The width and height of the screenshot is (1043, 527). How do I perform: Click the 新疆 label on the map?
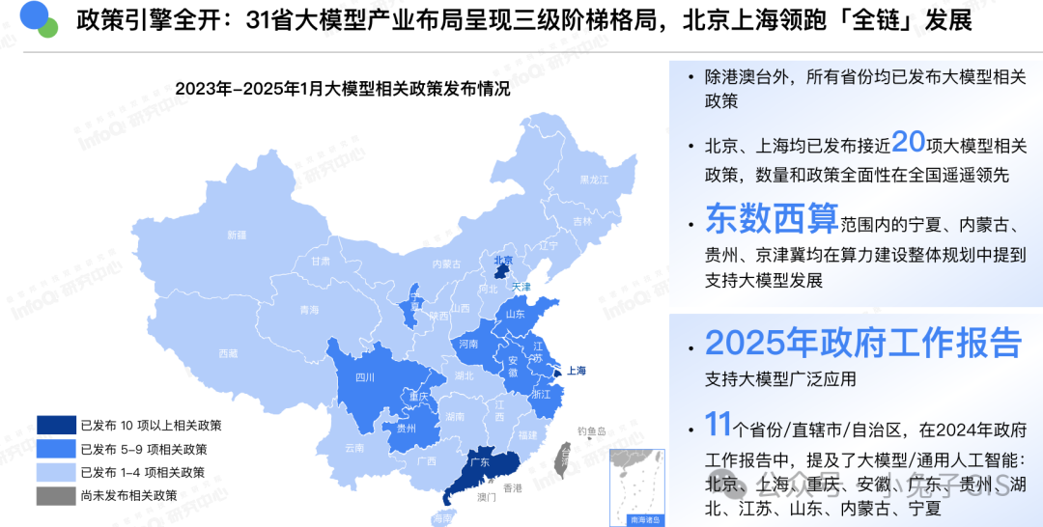pyautogui.click(x=237, y=235)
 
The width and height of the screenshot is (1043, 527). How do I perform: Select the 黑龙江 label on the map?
pyautogui.click(x=594, y=180)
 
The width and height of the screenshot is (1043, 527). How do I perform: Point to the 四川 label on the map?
pyautogui.click(x=365, y=377)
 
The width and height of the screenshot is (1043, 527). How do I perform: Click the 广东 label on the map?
pyautogui.click(x=478, y=462)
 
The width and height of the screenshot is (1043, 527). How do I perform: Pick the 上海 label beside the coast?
pyautogui.click(x=577, y=370)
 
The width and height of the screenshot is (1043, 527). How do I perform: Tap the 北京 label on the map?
pyautogui.click(x=503, y=260)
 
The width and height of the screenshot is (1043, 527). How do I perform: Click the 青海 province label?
pyautogui.click(x=309, y=310)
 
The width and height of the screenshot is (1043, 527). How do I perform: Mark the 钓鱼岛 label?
pyautogui.click(x=591, y=430)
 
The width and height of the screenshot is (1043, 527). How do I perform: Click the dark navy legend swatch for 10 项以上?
pyautogui.click(x=55, y=425)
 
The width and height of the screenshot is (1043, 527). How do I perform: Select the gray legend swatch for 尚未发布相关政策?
pyautogui.click(x=55, y=496)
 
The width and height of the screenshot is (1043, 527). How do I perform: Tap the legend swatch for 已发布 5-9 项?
pyautogui.click(x=55, y=449)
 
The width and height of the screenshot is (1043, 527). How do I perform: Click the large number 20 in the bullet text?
pyautogui.click(x=909, y=143)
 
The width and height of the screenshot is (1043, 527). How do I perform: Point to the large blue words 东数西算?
pyautogui.click(x=772, y=219)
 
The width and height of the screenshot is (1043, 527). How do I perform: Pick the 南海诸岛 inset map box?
pyautogui.click(x=633, y=487)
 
